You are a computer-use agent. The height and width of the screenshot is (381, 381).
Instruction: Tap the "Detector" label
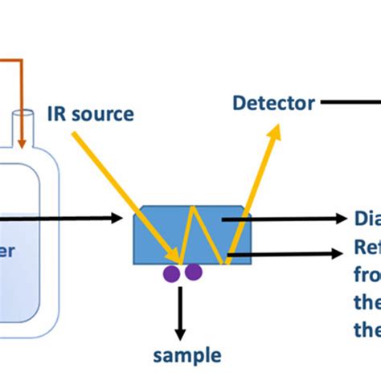pyautogui.click(x=272, y=102)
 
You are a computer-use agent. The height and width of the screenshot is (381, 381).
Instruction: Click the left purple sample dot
pyautogui.click(x=173, y=273)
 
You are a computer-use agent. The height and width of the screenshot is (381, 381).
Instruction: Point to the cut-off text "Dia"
pyautogui.click(x=367, y=219)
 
